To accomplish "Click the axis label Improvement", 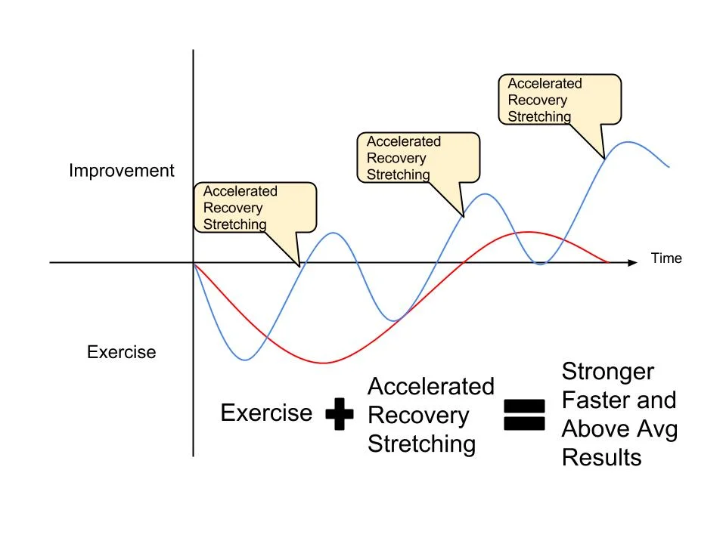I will [121, 171].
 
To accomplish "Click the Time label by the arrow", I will [666, 258].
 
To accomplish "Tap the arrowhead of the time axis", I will [632, 263].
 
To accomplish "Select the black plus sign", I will [340, 415].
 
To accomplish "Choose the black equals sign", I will [523, 415].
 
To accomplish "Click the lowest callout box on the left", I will [255, 208].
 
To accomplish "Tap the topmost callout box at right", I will [560, 99].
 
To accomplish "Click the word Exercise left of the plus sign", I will [266, 413].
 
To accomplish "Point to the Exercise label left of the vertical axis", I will [121, 352].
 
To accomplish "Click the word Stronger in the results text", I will [607, 372].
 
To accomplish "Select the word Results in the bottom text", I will [601, 458].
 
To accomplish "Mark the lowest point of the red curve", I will [324, 363].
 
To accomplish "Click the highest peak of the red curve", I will [529, 232].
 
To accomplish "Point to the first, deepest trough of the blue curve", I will [246, 360].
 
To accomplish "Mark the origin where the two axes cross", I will [194, 263].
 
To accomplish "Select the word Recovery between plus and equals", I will [417, 416].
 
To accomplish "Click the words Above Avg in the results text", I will [619, 429].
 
